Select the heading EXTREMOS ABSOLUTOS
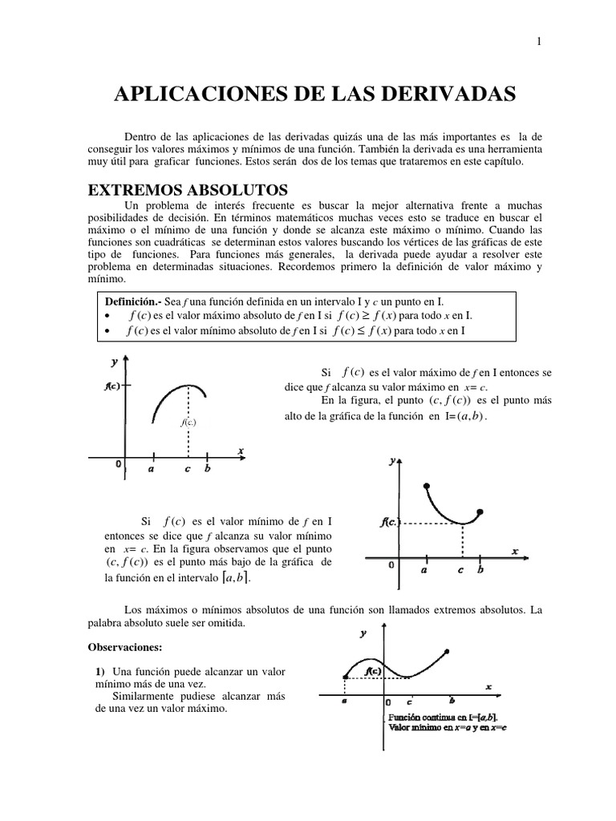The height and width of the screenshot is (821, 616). (x=188, y=191)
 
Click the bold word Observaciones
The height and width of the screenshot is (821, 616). (x=126, y=646)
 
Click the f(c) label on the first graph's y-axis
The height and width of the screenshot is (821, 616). (x=113, y=385)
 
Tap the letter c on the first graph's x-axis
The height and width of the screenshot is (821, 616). (x=187, y=469)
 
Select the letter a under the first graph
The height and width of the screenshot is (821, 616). (x=151, y=469)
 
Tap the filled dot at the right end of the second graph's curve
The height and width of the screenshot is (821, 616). (x=480, y=512)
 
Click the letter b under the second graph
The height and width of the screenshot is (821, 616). (x=480, y=570)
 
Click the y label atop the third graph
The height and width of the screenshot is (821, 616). (x=363, y=633)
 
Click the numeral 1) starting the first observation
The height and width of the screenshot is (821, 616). (x=100, y=671)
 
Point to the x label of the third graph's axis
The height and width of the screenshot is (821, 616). (x=488, y=686)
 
